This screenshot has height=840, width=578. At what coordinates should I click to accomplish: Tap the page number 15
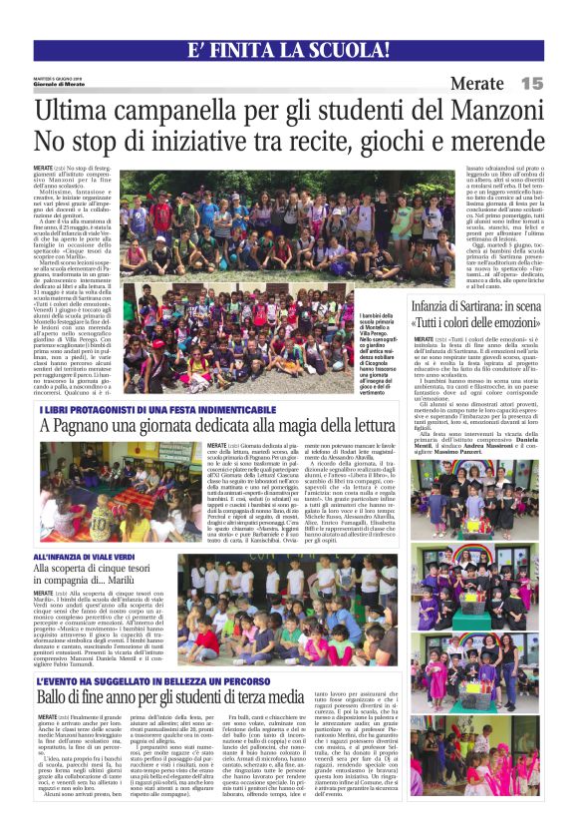tap(531, 84)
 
